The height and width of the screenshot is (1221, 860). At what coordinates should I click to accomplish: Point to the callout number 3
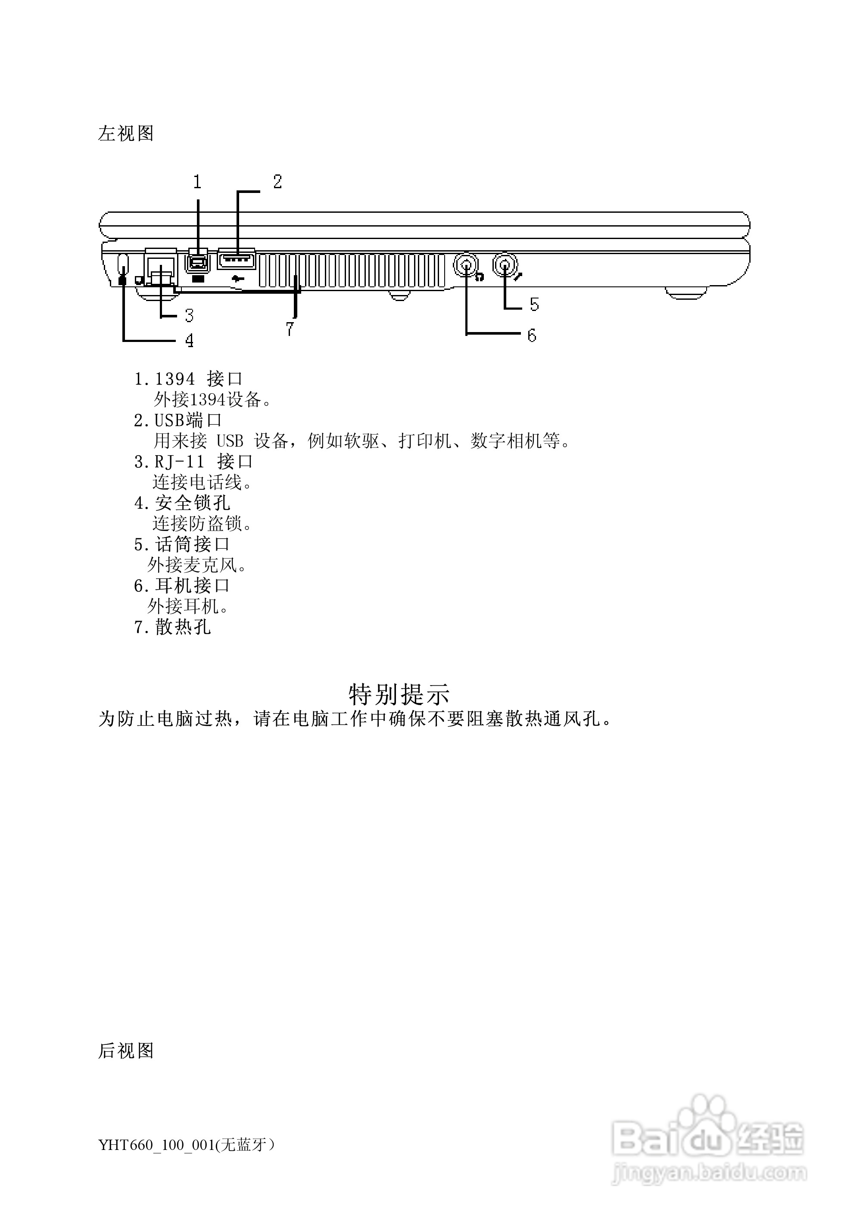coord(189,315)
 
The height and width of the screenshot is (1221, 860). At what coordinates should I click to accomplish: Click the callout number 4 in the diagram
coord(189,340)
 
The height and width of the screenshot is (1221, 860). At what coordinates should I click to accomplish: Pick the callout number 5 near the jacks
coord(534,305)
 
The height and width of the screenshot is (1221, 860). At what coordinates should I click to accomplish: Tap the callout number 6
coord(531,335)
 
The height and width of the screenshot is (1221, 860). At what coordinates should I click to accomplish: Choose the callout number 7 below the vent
coord(290,329)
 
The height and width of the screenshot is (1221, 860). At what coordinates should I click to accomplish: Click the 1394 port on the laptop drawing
coord(197,262)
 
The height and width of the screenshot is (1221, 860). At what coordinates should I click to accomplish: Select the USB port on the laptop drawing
coord(236,260)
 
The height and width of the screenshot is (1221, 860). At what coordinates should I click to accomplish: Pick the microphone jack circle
coord(504,263)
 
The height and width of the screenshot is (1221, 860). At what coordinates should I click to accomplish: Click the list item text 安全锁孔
coord(193,503)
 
